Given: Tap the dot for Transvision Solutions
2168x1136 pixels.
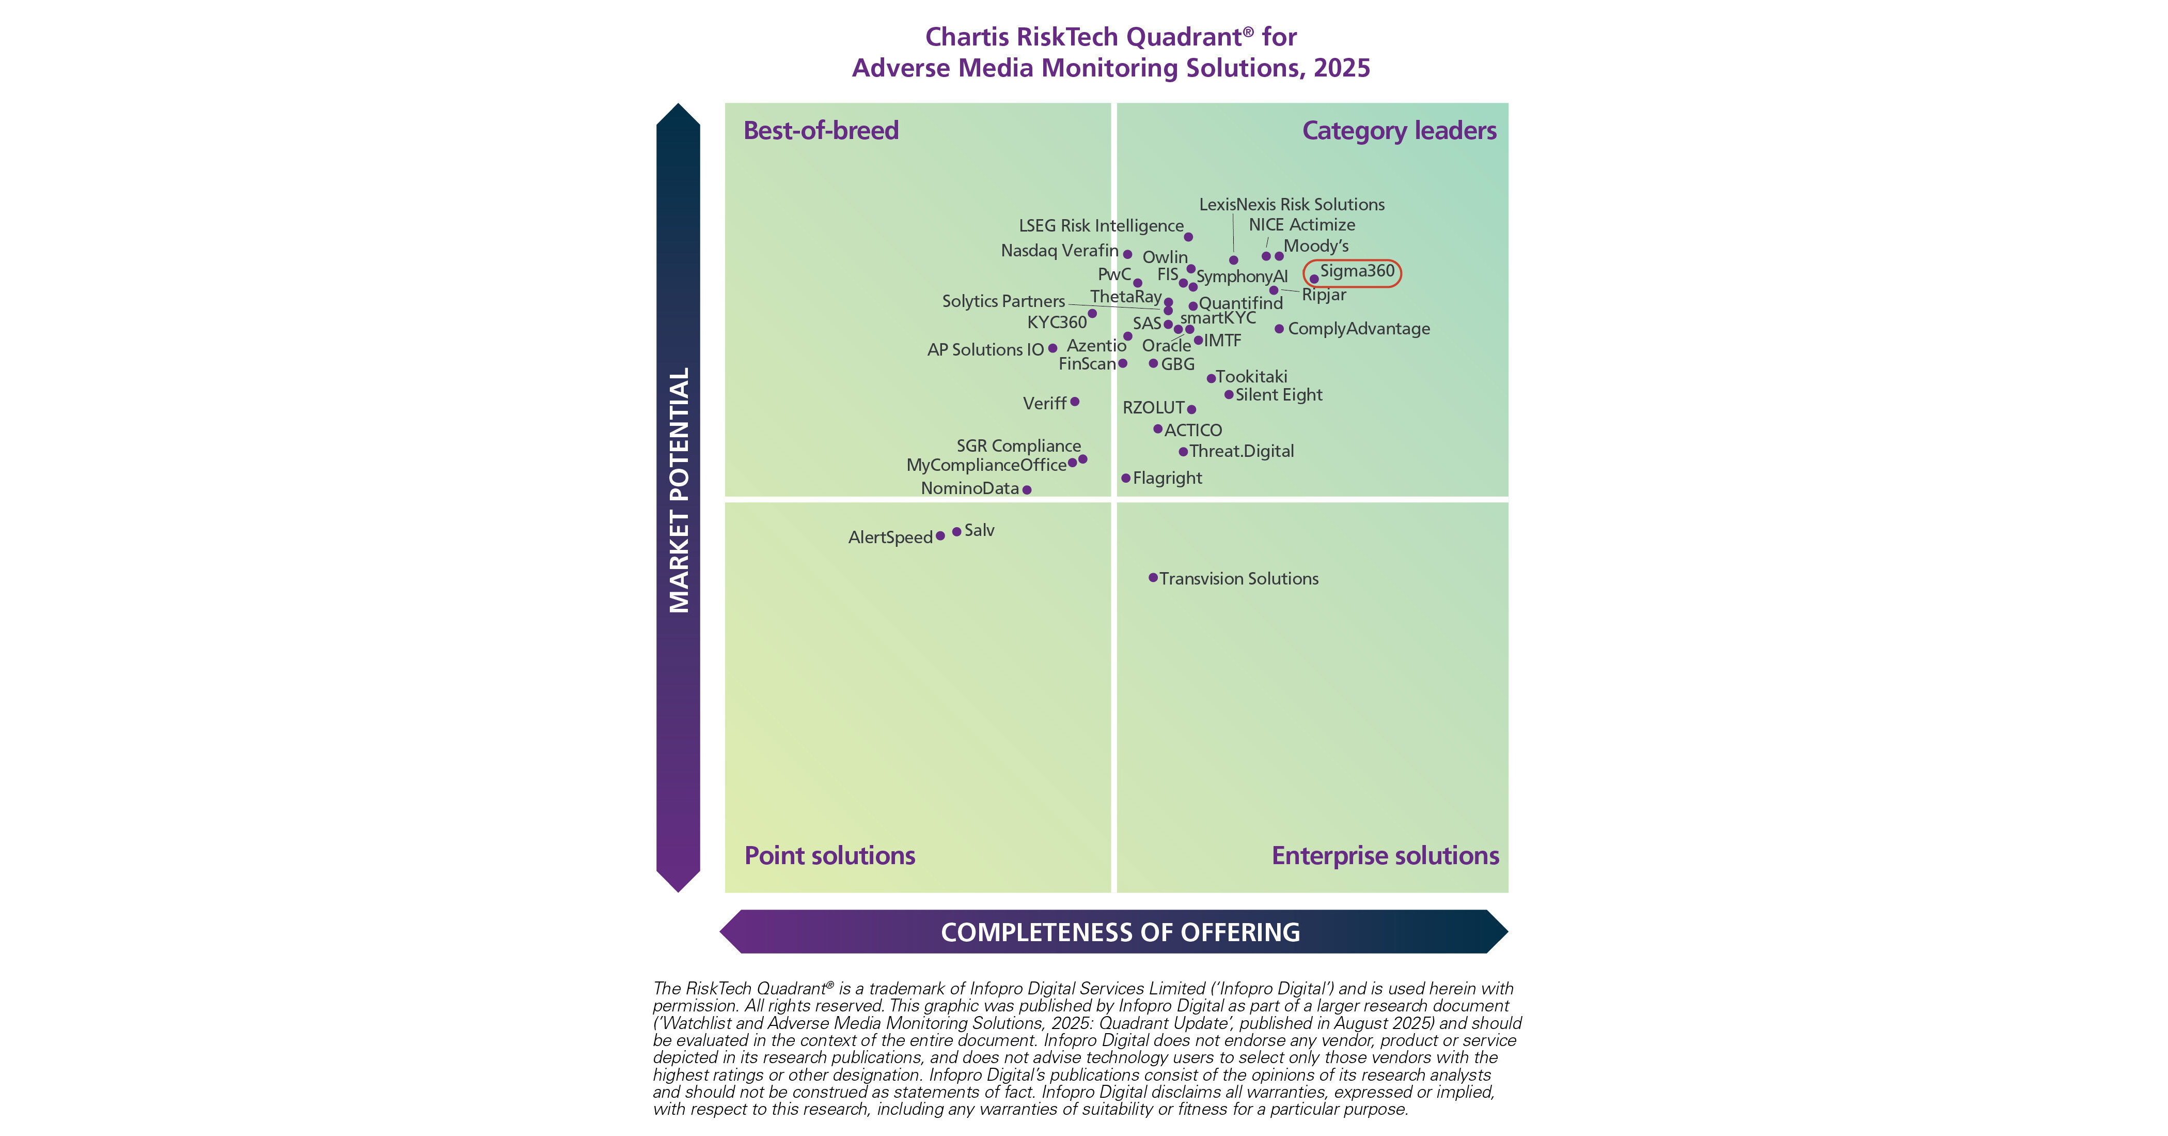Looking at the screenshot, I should pyautogui.click(x=1153, y=578).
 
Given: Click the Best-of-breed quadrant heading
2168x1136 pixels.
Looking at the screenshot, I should pyautogui.click(x=821, y=131).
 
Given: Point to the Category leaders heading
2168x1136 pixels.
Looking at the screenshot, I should pyautogui.click(x=1399, y=131).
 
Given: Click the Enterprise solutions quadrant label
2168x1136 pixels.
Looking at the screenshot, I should pyautogui.click(x=1385, y=855).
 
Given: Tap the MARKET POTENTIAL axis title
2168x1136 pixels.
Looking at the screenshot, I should pyautogui.click(x=679, y=490).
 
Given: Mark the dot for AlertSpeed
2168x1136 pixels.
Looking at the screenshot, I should pyautogui.click(x=940, y=535).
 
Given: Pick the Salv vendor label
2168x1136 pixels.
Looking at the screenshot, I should pyautogui.click(x=980, y=530).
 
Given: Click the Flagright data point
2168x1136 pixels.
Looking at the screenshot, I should pyautogui.click(x=1125, y=478).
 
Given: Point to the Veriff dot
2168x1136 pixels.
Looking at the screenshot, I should pyautogui.click(x=1075, y=402).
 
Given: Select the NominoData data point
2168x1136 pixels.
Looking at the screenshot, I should pyautogui.click(x=1027, y=489).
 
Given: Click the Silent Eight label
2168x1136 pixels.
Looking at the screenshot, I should pyautogui.click(x=1278, y=395).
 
